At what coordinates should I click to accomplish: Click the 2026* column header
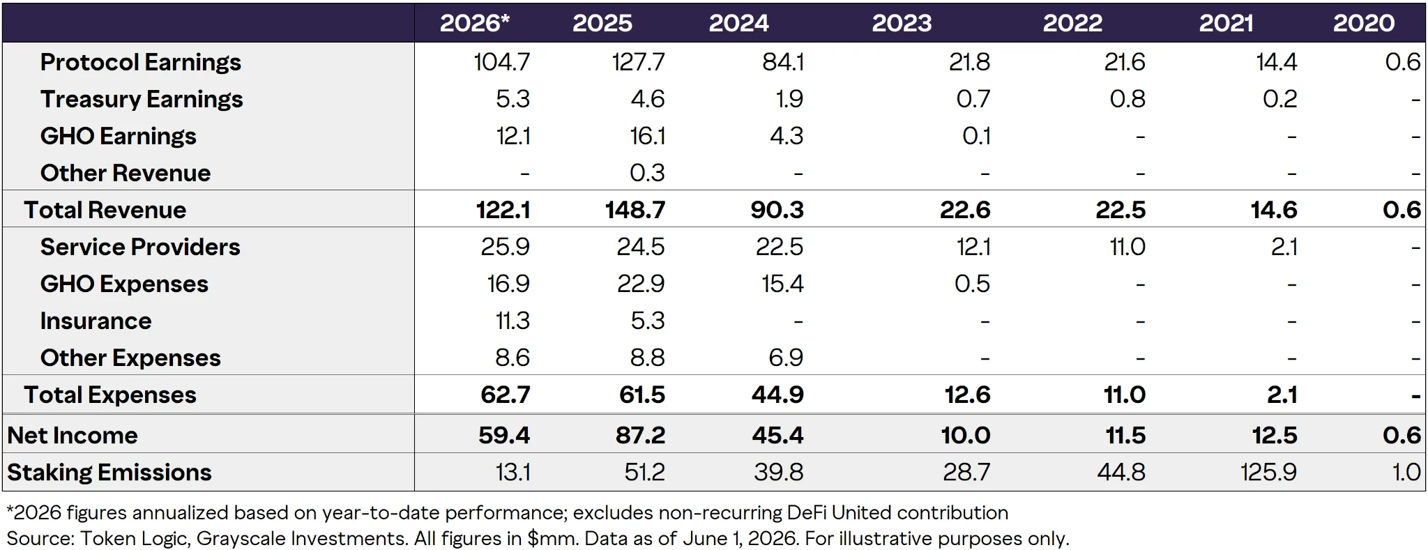coord(474,23)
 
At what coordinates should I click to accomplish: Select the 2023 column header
coord(902,23)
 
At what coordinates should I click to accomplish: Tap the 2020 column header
coord(1364,23)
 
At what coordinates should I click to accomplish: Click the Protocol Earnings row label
coord(141,62)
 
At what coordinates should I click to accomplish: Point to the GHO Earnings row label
coord(119,136)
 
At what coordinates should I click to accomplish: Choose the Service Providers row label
coord(140,247)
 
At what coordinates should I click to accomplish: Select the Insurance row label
coord(96,321)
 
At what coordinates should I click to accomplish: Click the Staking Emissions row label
coord(109,472)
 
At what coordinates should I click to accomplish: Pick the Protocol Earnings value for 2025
coord(638,62)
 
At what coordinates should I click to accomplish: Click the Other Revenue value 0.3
coord(647,173)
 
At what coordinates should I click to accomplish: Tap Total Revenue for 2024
coord(777,210)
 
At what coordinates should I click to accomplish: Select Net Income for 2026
coord(504,435)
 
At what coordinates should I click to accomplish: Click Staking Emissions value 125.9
coord(1268,472)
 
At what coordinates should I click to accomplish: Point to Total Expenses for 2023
coord(967,395)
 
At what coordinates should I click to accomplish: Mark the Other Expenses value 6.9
coord(786,358)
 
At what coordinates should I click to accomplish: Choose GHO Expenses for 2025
coord(641,284)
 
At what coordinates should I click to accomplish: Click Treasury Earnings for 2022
coord(1127,99)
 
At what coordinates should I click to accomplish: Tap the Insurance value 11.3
coord(512,321)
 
